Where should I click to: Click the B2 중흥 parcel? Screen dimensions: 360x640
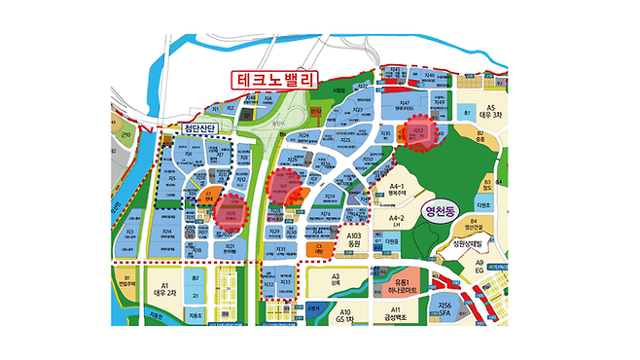(479, 136)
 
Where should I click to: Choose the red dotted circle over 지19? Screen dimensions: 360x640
(231, 212)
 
